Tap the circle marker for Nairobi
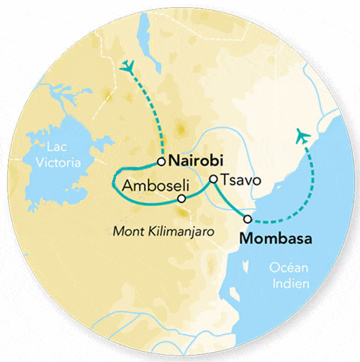point(162,161)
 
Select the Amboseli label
point(148,185)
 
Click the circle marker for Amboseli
point(181,199)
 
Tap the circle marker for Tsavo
point(213,179)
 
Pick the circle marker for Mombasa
point(248,219)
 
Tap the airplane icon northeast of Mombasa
point(303,136)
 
